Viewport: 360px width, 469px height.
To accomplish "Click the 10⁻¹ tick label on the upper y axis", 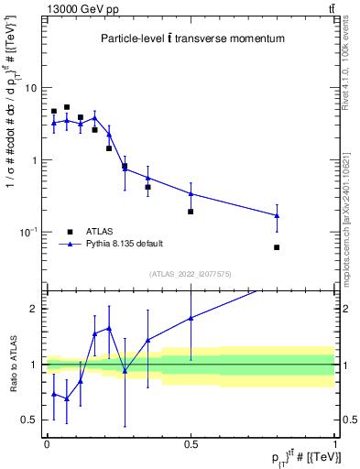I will (28, 233).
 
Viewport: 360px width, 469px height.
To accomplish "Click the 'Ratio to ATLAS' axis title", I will (13, 365).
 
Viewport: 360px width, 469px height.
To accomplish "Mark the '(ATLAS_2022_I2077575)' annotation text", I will (191, 274).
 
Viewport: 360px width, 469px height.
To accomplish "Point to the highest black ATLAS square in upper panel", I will (67, 107).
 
